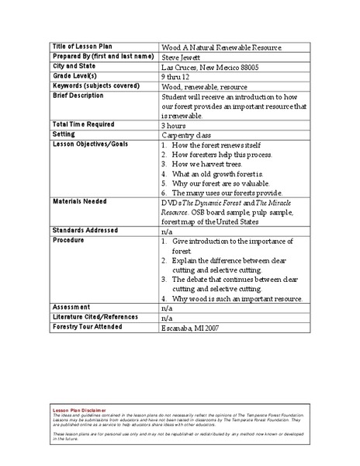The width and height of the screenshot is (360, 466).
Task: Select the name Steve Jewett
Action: pyautogui.click(x=182, y=57)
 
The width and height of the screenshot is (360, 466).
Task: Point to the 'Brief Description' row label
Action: pyautogui.click(x=78, y=96)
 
